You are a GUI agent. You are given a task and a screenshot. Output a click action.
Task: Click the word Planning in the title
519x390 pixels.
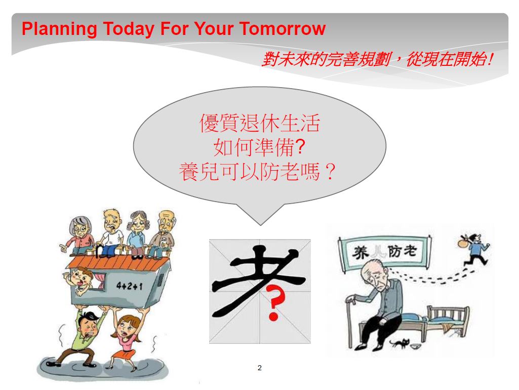[59, 29]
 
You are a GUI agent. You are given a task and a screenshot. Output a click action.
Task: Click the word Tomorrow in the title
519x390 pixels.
[283, 28]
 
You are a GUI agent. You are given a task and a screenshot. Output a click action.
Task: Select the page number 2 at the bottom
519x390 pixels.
[259, 368]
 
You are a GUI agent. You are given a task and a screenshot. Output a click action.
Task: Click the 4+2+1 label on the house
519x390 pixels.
[130, 285]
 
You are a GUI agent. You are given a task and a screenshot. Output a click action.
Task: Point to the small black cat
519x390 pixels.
[399, 343]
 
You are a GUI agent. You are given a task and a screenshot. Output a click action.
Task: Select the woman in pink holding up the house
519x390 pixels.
[126, 338]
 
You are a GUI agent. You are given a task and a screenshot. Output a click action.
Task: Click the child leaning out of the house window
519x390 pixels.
[80, 280]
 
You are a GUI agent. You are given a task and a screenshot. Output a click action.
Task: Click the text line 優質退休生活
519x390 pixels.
[259, 123]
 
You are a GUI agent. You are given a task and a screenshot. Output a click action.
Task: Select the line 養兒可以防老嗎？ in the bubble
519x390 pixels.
[258, 172]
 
